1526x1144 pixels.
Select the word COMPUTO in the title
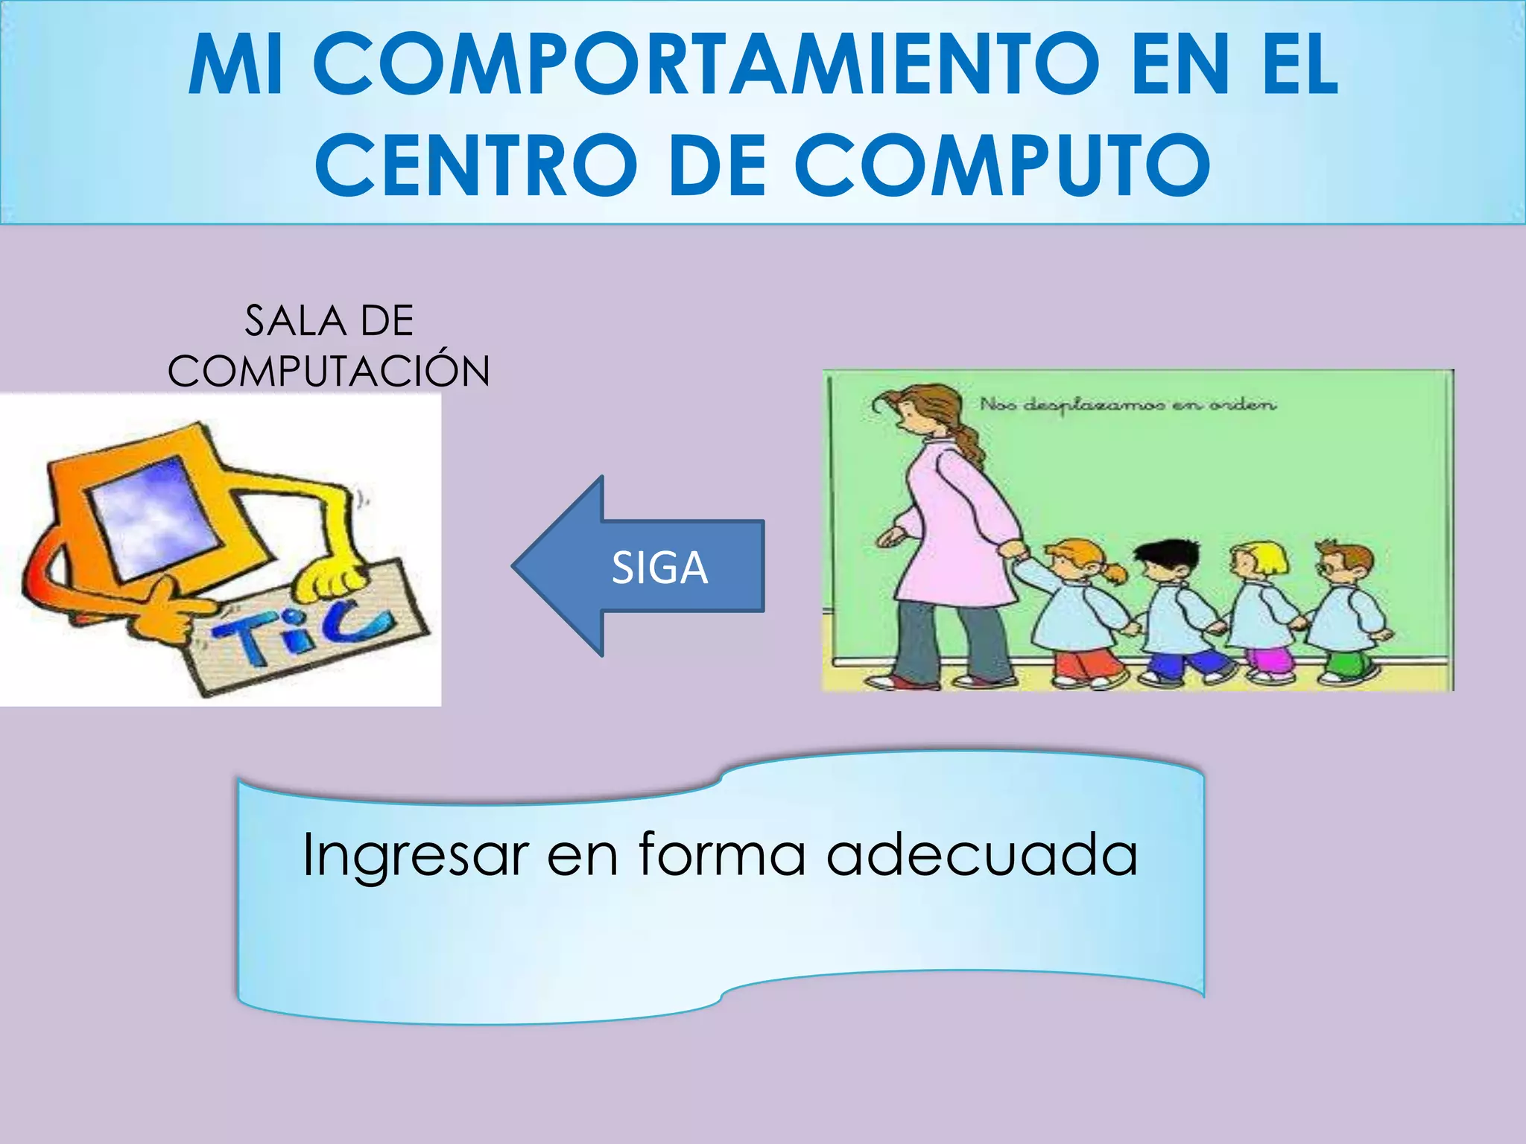click(x=1001, y=165)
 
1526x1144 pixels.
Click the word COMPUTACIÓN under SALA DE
click(x=329, y=371)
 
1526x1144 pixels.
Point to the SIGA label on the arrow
click(x=659, y=568)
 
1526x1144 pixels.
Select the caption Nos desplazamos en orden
click(x=1127, y=405)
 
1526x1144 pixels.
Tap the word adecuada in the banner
click(x=982, y=855)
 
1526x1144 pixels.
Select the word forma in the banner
click(x=721, y=855)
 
